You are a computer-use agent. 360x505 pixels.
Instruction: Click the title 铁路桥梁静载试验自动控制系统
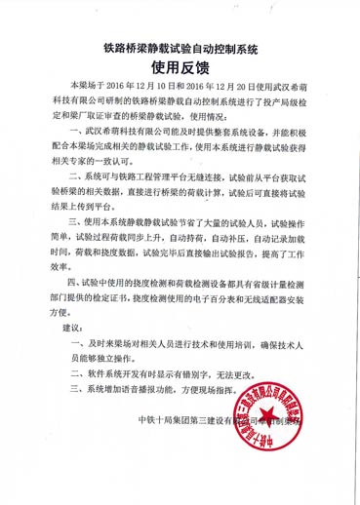180,46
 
